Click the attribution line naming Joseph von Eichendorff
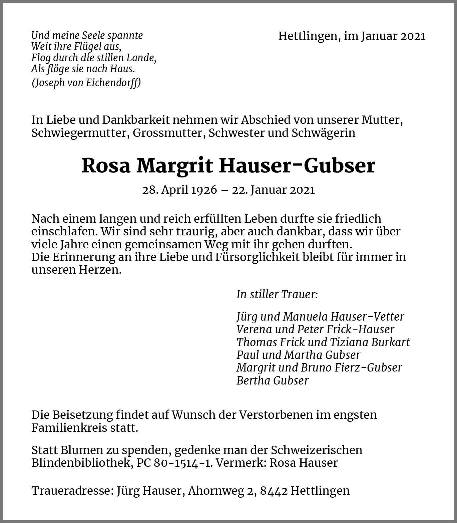(x=86, y=83)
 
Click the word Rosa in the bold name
(x=106, y=165)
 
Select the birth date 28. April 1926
(x=179, y=190)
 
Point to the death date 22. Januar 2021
(x=273, y=190)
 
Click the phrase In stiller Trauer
(x=277, y=294)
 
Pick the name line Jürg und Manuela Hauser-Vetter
(x=320, y=317)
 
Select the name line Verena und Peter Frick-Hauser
(x=315, y=329)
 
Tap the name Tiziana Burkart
(x=370, y=342)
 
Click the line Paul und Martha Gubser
(x=298, y=355)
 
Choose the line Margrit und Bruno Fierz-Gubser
(x=319, y=368)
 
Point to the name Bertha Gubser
(x=272, y=380)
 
